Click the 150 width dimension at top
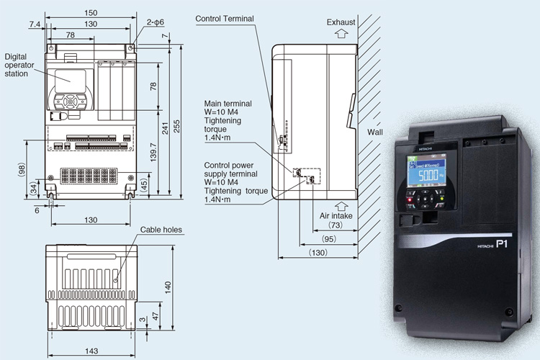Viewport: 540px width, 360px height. [89, 13]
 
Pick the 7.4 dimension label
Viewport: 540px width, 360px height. [35, 24]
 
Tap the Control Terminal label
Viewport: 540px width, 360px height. [228, 19]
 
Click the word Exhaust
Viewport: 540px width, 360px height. [341, 22]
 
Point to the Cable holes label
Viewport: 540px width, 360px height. [162, 230]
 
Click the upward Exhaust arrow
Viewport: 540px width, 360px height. [341, 33]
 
